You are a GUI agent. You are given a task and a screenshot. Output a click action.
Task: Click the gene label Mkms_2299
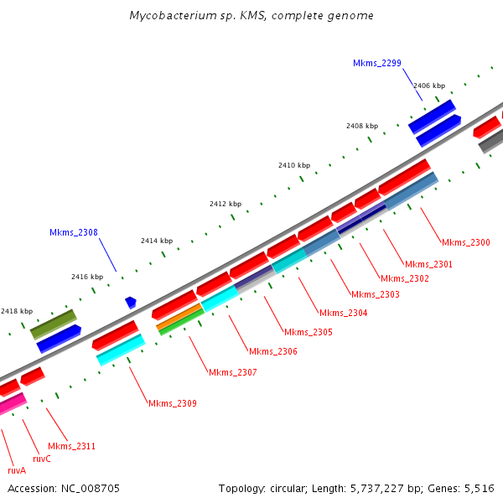[x=376, y=63]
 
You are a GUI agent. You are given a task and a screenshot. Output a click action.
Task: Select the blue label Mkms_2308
[x=73, y=233]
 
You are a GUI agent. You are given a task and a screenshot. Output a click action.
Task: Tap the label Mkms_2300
[x=465, y=243]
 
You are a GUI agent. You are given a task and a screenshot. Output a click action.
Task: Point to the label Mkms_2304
[x=343, y=314]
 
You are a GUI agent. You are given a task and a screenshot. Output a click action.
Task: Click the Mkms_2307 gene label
[x=233, y=372]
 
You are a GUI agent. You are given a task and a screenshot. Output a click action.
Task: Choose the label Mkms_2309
[x=173, y=404]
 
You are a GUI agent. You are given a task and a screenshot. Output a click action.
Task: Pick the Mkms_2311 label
[x=71, y=446]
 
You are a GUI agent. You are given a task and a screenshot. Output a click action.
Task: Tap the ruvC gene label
[x=42, y=459]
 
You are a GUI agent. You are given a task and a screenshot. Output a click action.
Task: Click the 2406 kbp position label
[x=429, y=86]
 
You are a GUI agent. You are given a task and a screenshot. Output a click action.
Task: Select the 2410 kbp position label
[x=294, y=166]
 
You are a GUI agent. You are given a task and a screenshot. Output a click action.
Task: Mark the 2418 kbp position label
[x=17, y=311]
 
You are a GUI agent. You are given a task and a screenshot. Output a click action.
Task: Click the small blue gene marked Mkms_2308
[x=130, y=302]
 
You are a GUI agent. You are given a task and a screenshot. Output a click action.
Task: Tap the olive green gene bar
[x=53, y=324]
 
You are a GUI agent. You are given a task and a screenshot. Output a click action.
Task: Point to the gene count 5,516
[x=479, y=488]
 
